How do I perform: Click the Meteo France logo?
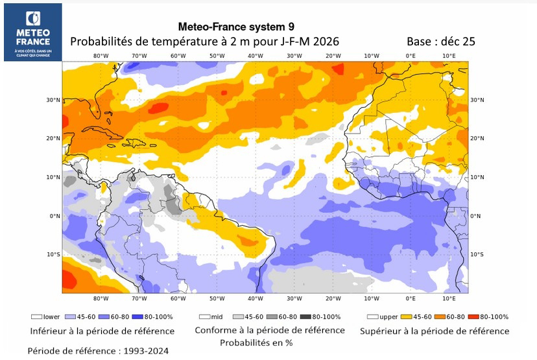coord(32,32)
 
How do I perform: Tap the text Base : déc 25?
coord(440,42)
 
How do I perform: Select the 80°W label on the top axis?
coord(101,56)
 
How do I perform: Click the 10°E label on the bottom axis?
coord(449,298)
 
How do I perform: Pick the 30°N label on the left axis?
coord(53,100)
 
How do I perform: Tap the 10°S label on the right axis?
coord(477,254)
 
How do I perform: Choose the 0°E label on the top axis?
coord(411,56)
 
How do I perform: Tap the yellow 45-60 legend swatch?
coord(407,317)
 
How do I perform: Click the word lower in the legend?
coord(51,317)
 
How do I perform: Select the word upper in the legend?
coord(388,317)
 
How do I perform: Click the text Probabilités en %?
coord(256,342)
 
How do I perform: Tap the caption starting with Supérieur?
coord(435,331)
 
